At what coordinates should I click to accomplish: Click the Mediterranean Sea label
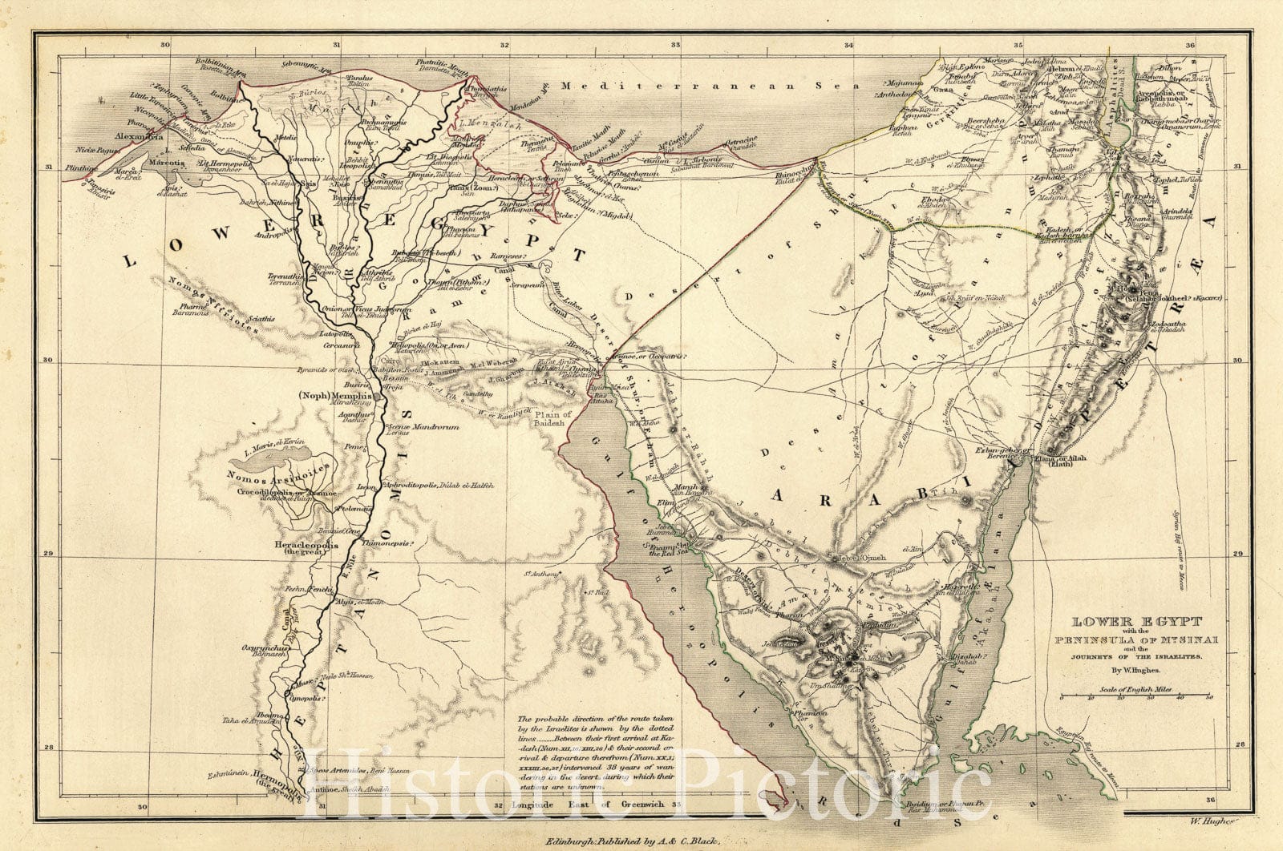710,85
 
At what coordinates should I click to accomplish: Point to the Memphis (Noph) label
335,397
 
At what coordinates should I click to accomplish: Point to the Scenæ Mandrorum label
424,427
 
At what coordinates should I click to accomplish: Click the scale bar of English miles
1135,698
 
